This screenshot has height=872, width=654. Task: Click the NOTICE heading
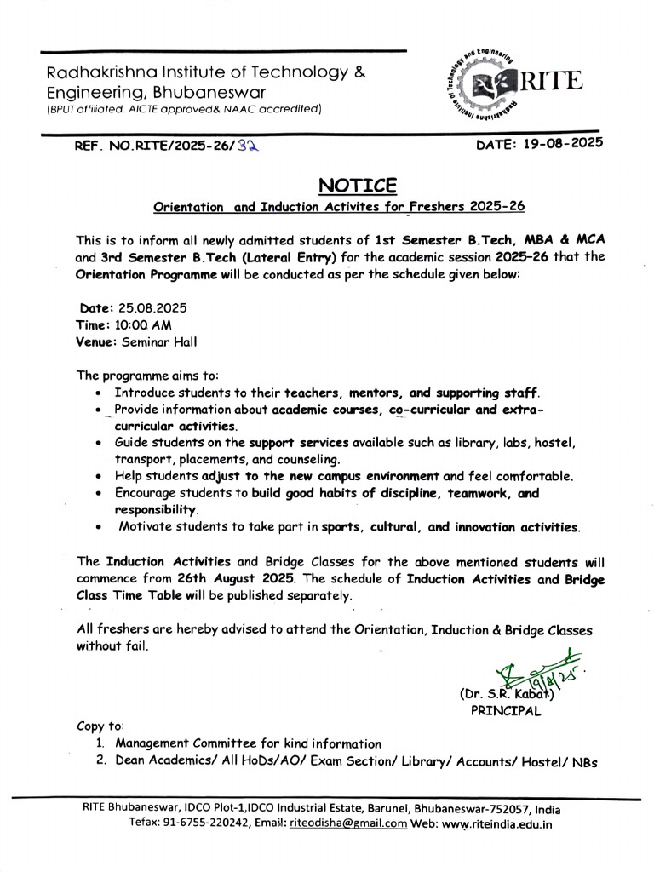(358, 185)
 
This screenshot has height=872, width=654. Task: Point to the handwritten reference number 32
(247, 146)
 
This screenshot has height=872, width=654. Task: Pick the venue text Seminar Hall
(159, 342)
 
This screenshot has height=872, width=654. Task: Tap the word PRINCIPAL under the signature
(505, 712)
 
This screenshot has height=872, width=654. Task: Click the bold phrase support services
(298, 444)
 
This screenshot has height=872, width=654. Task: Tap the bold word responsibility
(156, 509)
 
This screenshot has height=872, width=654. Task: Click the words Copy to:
(100, 726)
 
